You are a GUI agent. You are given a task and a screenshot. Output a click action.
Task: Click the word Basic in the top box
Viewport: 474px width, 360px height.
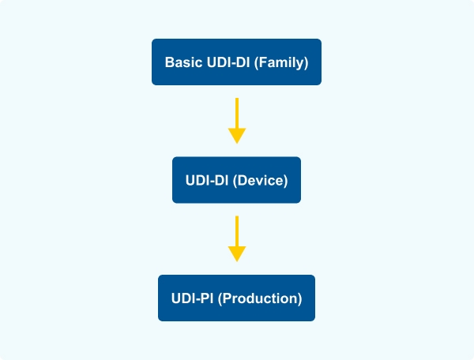tap(182, 62)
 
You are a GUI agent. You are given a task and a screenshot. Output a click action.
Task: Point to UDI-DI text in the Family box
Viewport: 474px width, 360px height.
tap(226, 62)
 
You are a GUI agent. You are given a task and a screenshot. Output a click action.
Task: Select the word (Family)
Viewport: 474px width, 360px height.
tap(282, 62)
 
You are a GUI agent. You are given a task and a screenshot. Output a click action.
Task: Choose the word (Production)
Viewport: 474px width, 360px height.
tap(260, 298)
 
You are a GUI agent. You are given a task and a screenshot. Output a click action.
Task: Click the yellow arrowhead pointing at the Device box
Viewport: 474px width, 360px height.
tap(237, 136)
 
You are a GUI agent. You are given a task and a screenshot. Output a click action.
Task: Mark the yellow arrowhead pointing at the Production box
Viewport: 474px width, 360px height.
tap(237, 253)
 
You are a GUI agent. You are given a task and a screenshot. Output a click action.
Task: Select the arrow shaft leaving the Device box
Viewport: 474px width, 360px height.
tap(237, 230)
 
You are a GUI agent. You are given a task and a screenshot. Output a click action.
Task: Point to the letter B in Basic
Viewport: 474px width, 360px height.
tap(169, 62)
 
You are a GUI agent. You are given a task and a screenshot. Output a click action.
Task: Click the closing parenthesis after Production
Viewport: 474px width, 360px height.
tap(300, 298)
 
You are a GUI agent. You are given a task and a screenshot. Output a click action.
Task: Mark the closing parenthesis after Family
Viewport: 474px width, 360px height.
tap(307, 62)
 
